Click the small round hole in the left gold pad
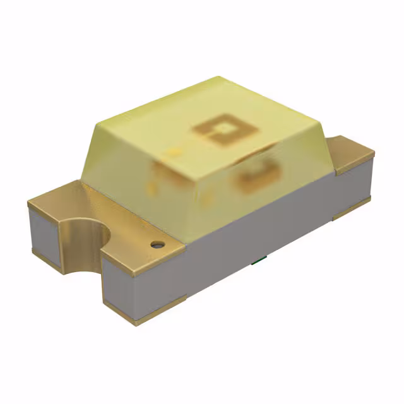[x=156, y=243]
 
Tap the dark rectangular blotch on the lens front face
[x=256, y=176]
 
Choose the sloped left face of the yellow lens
[x=120, y=158]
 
